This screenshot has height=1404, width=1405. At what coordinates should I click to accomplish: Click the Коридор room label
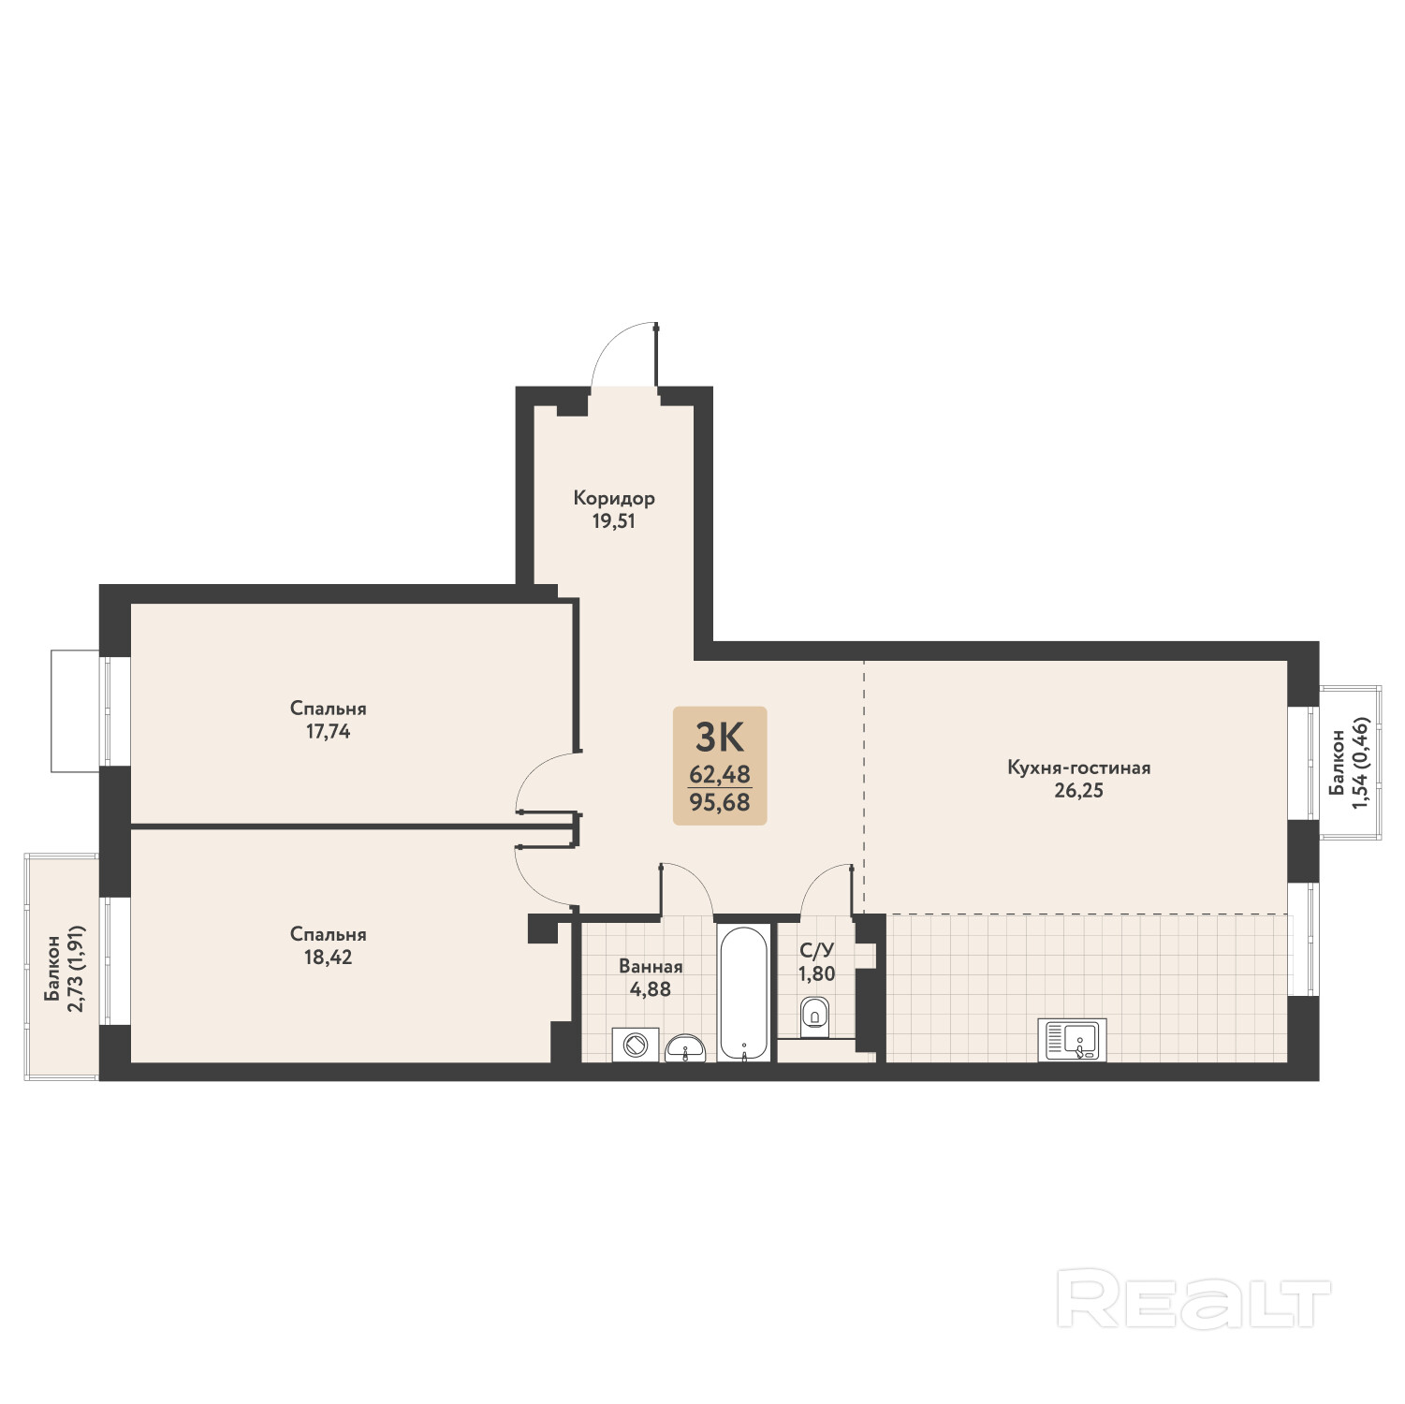[614, 499]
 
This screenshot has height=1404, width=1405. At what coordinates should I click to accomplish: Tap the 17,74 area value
[329, 732]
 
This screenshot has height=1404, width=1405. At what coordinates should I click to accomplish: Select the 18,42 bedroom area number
[329, 958]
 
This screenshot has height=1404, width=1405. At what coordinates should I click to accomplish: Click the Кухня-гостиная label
[1079, 768]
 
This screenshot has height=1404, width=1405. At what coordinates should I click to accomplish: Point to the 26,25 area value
[1079, 791]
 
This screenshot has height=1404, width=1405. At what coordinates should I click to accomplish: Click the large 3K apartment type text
[719, 739]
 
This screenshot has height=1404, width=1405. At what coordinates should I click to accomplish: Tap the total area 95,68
[720, 803]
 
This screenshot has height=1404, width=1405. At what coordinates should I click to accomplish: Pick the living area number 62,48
[720, 775]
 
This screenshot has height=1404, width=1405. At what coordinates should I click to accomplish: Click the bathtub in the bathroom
[746, 993]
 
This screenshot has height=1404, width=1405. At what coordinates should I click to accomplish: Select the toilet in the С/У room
[815, 1017]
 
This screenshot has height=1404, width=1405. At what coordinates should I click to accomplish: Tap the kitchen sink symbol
[1073, 1040]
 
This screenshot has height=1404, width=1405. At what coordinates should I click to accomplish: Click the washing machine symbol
[636, 1045]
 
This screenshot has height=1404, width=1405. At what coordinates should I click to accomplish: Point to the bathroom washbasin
[688, 1049]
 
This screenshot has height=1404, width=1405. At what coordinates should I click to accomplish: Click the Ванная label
[651, 966]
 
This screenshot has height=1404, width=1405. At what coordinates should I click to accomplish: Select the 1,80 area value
[816, 973]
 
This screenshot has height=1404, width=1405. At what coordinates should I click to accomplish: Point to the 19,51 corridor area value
[614, 522]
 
